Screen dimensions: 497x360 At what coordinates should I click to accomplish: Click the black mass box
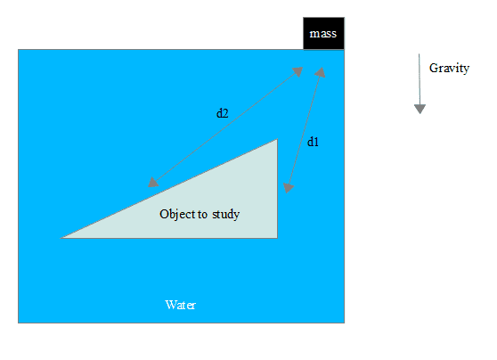[323, 33]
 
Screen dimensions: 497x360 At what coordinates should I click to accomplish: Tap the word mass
[323, 34]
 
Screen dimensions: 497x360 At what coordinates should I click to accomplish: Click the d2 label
[222, 113]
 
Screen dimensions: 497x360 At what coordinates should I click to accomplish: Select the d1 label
[313, 142]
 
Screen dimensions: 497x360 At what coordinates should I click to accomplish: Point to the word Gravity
[449, 69]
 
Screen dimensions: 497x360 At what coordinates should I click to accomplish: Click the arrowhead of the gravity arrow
[420, 109]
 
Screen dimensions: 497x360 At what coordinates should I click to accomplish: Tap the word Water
[181, 305]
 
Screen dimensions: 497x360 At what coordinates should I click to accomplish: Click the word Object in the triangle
[179, 215]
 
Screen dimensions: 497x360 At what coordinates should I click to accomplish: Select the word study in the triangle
[225, 215]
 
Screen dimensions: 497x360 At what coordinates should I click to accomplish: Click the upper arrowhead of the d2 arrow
[297, 71]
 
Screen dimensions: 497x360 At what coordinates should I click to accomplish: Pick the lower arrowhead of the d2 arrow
[153, 182]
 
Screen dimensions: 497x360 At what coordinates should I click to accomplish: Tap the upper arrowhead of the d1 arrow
[320, 72]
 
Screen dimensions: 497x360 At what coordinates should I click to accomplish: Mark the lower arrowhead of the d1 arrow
[288, 188]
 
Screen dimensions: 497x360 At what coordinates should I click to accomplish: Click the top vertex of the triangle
[277, 139]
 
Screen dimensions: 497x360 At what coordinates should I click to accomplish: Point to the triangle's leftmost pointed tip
[61, 238]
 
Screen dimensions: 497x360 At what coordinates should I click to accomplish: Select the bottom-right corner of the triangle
[277, 238]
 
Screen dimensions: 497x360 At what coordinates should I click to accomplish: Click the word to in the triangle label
[203, 215]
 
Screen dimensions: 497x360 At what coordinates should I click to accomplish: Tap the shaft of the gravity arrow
[420, 79]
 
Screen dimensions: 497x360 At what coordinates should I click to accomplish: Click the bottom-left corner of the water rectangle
[18, 323]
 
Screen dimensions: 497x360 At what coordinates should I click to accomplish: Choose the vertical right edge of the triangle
[277, 189]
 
